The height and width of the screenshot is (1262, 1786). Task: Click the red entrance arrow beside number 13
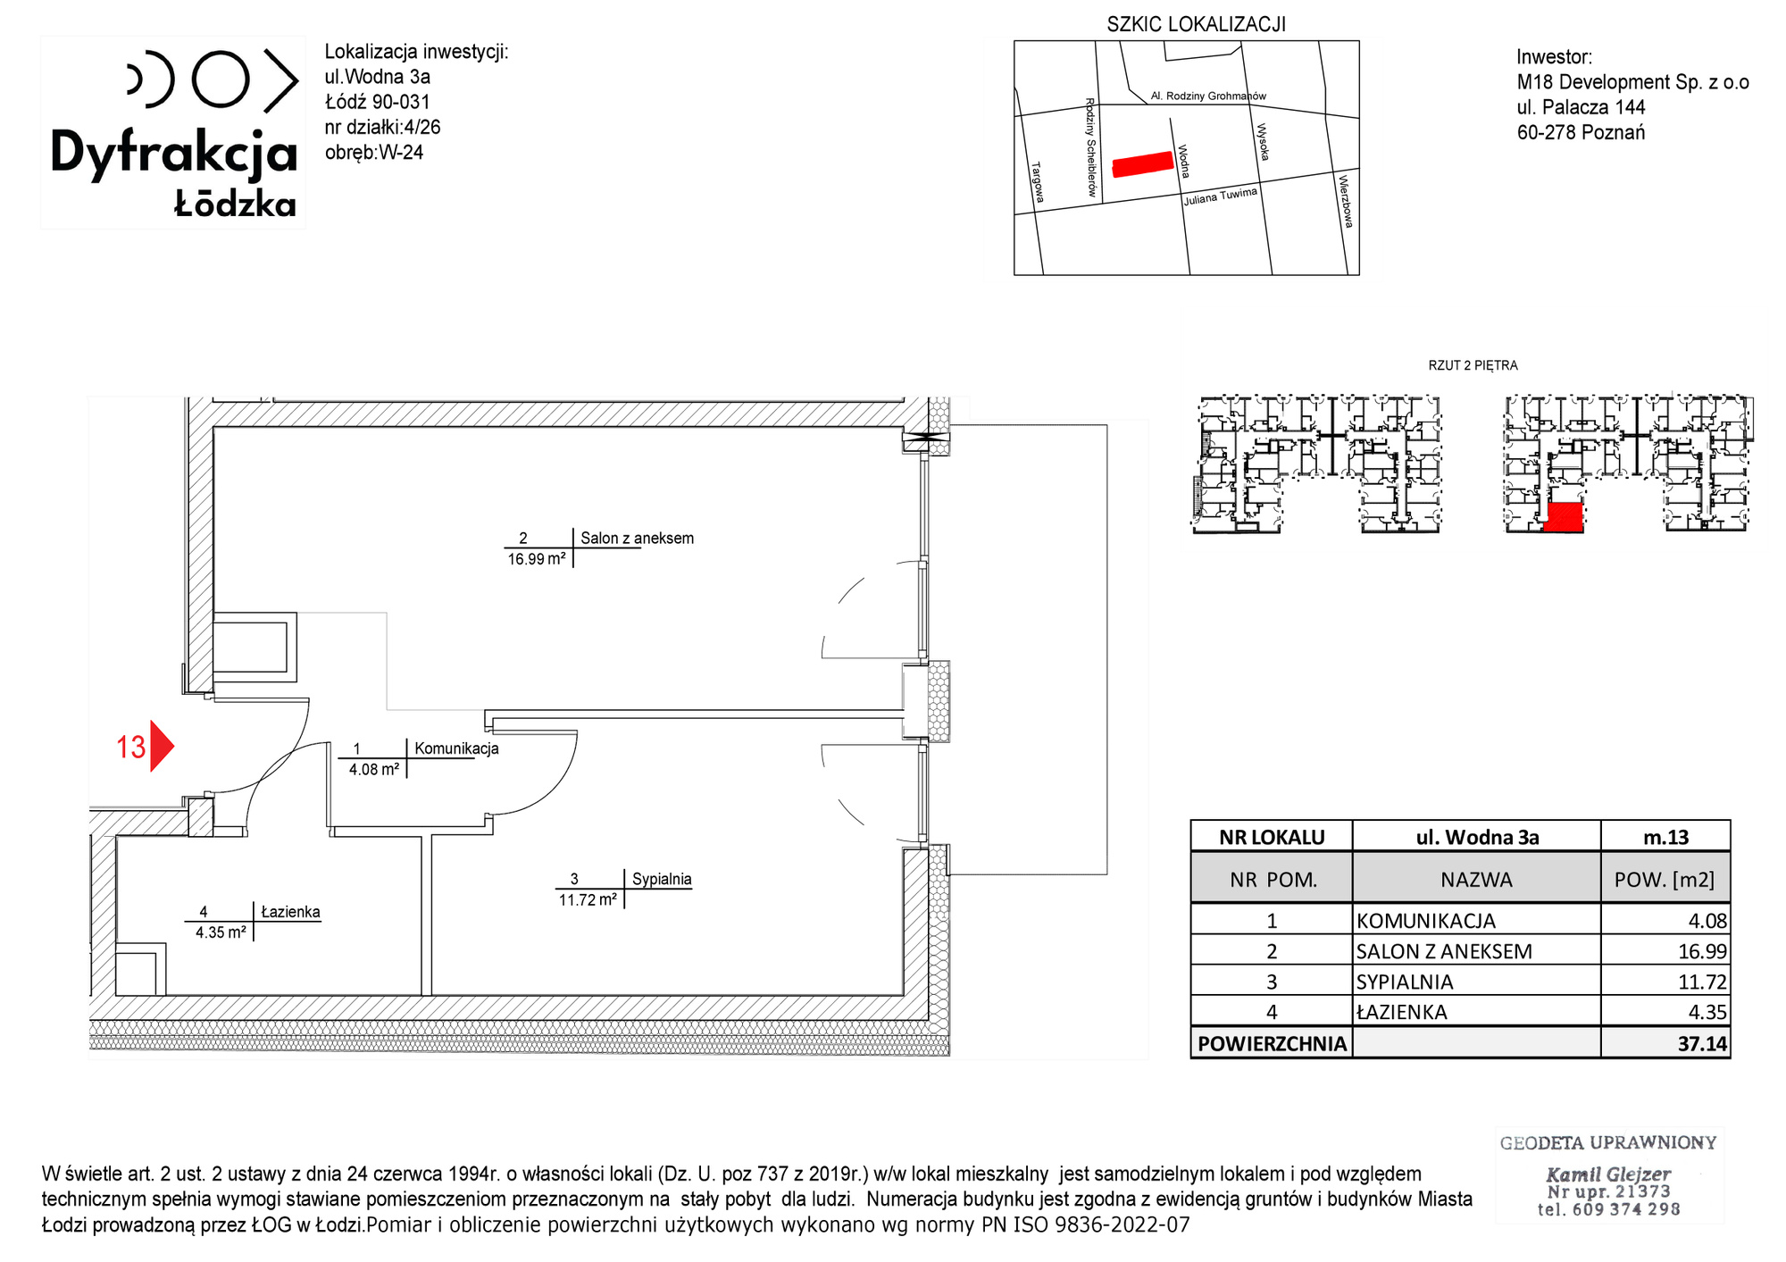(x=161, y=746)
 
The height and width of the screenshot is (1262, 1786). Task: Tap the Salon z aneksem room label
(x=637, y=539)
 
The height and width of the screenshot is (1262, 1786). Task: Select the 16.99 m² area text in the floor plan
(x=537, y=559)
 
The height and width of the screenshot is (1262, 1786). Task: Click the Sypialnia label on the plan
(x=662, y=879)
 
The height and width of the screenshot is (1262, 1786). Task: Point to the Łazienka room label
(x=290, y=912)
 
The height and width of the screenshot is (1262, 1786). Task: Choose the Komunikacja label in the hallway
(x=456, y=748)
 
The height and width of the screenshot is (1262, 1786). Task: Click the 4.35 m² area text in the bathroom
(x=221, y=932)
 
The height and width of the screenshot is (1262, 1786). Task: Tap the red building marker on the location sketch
(x=1142, y=164)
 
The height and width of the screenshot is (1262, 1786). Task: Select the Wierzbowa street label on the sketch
(x=1346, y=201)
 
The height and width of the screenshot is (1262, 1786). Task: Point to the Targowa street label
(x=1038, y=181)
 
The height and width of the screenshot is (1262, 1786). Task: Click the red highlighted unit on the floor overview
(x=1564, y=517)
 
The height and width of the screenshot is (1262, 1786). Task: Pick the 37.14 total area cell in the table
(x=1702, y=1043)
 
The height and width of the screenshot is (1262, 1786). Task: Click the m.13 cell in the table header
(x=1666, y=837)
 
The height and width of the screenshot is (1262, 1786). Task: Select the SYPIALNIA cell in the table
(x=1405, y=982)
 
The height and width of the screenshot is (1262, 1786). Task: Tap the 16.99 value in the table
(x=1702, y=951)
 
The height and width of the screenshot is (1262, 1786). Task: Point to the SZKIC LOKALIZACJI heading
(x=1197, y=24)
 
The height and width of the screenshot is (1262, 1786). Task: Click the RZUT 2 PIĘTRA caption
(x=1473, y=365)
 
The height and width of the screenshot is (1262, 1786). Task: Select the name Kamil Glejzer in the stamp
(x=1608, y=1174)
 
